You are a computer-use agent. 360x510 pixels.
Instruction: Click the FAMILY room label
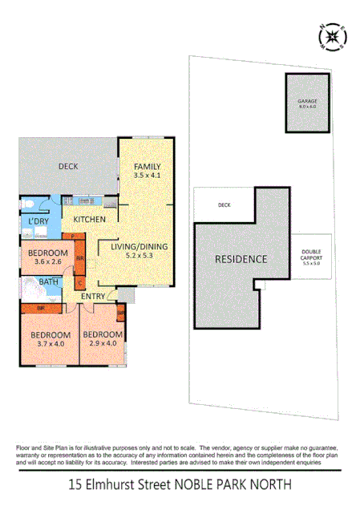[x=147, y=166]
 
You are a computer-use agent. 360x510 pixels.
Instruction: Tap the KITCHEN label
[x=90, y=219]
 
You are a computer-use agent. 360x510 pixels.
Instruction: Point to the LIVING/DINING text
[x=139, y=246]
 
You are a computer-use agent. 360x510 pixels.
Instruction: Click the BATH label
[x=49, y=282]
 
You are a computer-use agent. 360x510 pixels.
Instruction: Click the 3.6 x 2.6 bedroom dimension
[x=47, y=261]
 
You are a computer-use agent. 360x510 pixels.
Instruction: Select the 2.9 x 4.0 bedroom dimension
[x=103, y=343]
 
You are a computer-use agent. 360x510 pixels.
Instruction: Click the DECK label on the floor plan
[x=67, y=167]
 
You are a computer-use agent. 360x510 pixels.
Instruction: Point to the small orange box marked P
[x=73, y=237]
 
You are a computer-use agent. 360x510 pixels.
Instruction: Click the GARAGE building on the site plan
[x=307, y=103]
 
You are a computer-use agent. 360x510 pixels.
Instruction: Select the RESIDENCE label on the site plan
[x=240, y=259]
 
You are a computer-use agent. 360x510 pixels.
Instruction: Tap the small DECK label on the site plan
[x=224, y=206]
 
